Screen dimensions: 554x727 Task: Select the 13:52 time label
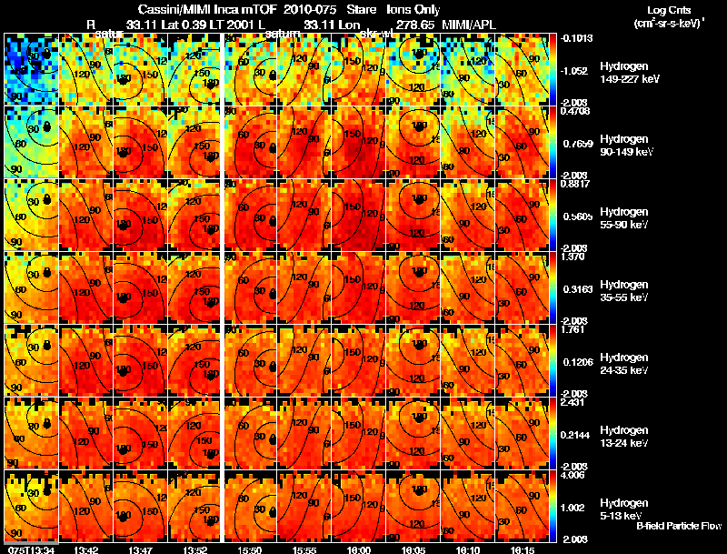click(x=195, y=549)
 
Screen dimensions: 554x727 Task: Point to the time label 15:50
click(x=250, y=549)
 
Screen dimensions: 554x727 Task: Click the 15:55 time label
click(x=304, y=549)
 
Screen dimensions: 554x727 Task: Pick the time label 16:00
click(x=359, y=549)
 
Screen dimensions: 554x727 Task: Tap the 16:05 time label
click(x=413, y=549)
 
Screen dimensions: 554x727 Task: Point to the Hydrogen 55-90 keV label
click(x=624, y=217)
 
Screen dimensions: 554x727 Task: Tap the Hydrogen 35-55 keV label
click(x=624, y=290)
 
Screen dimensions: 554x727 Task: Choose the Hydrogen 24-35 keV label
click(x=624, y=363)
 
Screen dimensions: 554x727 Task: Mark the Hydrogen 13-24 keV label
click(x=624, y=436)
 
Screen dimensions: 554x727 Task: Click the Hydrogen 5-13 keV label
click(x=622, y=509)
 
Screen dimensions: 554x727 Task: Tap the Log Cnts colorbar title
click(x=666, y=8)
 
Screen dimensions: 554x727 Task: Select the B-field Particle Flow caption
click(x=678, y=526)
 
